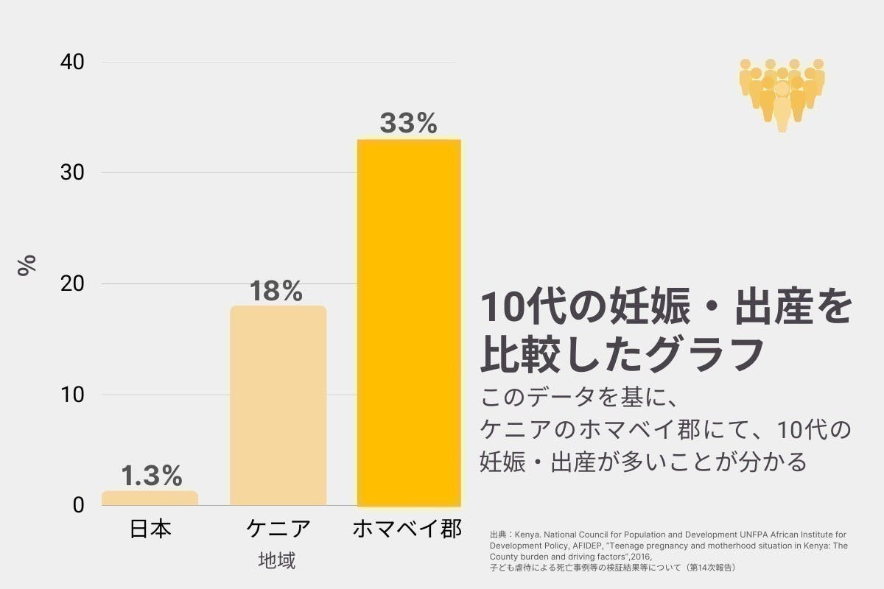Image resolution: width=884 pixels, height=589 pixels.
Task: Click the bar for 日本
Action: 150,498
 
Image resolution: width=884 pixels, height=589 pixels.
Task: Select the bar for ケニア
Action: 278,406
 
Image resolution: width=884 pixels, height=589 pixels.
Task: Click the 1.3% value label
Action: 151,476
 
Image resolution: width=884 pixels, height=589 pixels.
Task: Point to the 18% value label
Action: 276,292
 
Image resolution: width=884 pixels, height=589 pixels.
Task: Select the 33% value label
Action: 408,123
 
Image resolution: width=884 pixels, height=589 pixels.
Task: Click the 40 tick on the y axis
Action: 72,63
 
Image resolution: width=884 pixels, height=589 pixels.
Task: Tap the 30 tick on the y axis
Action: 72,173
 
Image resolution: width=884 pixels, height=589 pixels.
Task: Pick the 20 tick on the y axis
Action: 72,284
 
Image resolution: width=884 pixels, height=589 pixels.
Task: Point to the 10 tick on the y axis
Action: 72,395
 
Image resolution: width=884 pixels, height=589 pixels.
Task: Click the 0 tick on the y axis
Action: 78,506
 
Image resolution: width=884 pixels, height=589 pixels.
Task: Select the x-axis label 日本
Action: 150,529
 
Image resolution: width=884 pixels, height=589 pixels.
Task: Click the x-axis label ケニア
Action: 278,529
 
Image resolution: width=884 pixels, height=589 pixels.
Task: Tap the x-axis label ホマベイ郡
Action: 407,529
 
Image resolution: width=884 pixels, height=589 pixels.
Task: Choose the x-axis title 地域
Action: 277,561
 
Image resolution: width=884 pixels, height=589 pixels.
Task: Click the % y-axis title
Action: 27,265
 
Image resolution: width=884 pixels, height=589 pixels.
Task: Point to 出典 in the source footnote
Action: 497,534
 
